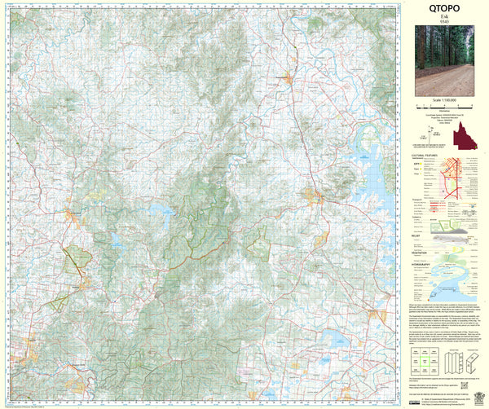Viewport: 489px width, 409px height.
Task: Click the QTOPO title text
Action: click(444, 8)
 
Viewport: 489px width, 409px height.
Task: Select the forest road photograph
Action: click(444, 59)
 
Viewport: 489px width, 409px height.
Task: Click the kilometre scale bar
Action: click(444, 107)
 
